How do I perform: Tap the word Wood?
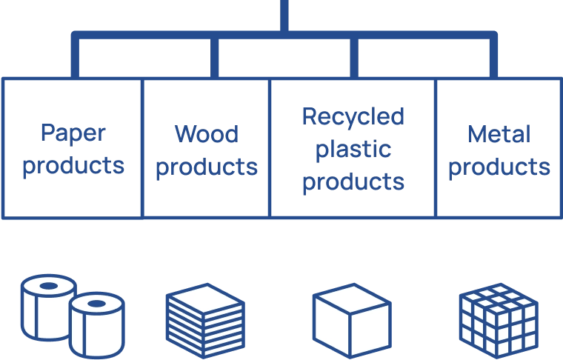(207, 134)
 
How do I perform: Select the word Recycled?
(353, 116)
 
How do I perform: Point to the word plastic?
(352, 149)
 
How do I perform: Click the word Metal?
(499, 134)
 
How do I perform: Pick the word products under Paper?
(73, 166)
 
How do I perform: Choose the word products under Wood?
(207, 167)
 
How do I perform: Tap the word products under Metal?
(499, 167)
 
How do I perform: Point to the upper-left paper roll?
(46, 304)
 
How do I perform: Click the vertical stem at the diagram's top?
(284, 15)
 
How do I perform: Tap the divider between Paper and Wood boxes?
(142, 148)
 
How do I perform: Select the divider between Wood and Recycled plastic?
(270, 148)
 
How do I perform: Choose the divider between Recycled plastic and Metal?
(436, 148)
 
